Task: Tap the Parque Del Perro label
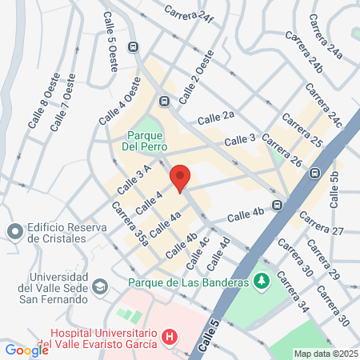[x=143, y=141]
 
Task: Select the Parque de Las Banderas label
[x=186, y=282]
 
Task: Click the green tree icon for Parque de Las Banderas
[x=261, y=282]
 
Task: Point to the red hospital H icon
[x=169, y=338]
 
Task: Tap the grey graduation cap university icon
[x=100, y=286]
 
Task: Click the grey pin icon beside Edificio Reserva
[x=14, y=232]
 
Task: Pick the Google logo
[x=26, y=350]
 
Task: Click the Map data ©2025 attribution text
[x=326, y=354]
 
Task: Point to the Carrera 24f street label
[x=190, y=15]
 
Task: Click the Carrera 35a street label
[x=130, y=224]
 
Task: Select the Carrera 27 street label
[x=320, y=225]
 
